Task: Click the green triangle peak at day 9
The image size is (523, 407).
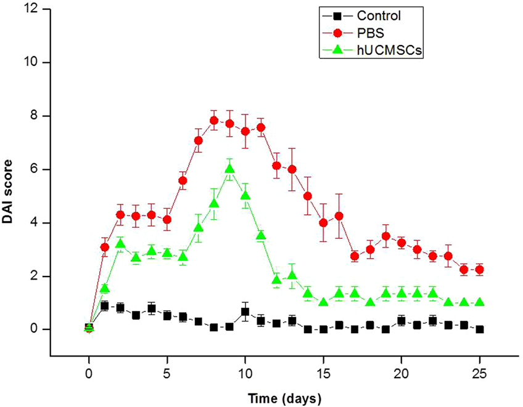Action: [x=229, y=169]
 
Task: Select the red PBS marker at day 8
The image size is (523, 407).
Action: [x=214, y=121]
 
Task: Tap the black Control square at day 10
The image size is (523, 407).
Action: [x=245, y=312]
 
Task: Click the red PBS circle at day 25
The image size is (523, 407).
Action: [x=479, y=270]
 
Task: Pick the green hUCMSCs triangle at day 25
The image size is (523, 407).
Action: [x=479, y=302]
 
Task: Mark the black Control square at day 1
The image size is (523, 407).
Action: [x=105, y=305]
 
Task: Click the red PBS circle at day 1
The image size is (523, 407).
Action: [x=105, y=247]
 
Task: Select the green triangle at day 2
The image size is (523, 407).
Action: [x=120, y=244]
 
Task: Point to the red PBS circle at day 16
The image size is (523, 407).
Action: [x=339, y=216]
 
